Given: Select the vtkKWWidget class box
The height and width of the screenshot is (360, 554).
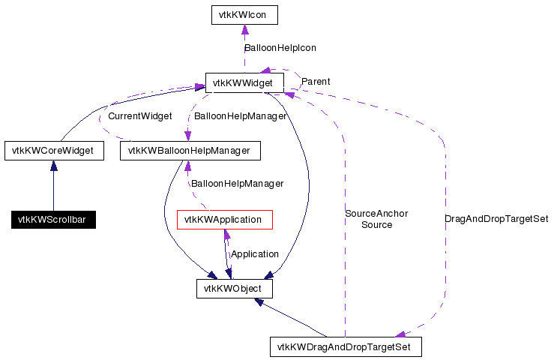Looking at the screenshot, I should pos(244,82).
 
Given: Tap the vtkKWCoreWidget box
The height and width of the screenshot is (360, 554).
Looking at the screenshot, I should pos(53,151).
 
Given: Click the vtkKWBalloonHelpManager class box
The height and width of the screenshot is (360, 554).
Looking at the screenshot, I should pos(189,151).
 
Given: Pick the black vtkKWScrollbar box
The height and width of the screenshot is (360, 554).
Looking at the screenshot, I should pos(53,220).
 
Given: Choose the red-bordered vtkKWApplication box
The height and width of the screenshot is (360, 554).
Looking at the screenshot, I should pos(223,220).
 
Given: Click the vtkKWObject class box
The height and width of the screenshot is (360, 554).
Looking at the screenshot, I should pos(234,288).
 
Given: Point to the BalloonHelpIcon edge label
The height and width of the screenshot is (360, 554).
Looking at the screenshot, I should pos(280,47).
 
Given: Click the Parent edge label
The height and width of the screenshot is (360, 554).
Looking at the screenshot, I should pos(316,81).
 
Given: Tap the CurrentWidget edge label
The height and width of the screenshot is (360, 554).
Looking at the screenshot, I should pos(140,116).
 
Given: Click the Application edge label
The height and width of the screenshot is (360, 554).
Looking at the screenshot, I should pos(255,254).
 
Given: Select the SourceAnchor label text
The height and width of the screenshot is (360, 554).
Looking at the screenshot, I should pos(376,214).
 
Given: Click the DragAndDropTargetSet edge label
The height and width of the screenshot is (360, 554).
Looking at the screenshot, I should pos(496,219).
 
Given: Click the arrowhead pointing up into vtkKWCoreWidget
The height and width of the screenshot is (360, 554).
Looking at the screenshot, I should pos(53,165).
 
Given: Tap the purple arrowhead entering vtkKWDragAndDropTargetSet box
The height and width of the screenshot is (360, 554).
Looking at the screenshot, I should pos(401,334).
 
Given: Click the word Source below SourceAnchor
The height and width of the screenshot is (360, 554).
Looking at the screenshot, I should pos(376,225).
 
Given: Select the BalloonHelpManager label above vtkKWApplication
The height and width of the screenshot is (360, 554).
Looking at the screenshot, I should pos(237,184).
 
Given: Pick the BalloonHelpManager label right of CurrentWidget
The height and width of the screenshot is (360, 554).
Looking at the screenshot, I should pos(240,116).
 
